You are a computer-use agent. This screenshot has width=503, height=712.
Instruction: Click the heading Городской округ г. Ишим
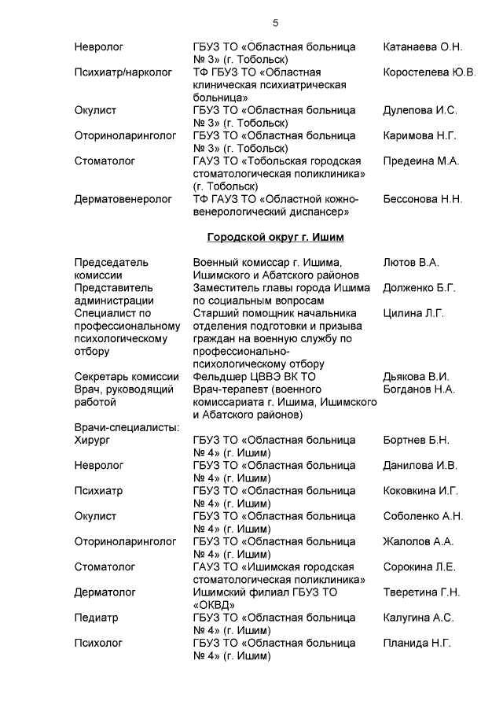pyautogui.click(x=275, y=237)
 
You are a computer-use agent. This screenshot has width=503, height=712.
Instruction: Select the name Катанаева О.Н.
pyautogui.click(x=422, y=47)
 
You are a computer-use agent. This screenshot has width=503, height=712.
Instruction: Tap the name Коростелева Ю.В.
pyautogui.click(x=429, y=72)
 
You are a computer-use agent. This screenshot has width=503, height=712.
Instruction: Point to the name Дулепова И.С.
pyautogui.click(x=420, y=110)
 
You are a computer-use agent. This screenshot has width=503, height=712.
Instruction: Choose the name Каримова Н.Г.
pyautogui.click(x=419, y=135)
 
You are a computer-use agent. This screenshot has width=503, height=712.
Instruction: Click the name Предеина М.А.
pyautogui.click(x=420, y=160)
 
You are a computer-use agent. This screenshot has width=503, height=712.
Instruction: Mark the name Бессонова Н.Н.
pyautogui.click(x=422, y=199)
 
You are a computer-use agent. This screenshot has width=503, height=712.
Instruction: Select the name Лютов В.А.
pyautogui.click(x=410, y=262)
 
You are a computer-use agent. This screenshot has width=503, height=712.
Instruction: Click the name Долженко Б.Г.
pyautogui.click(x=419, y=288)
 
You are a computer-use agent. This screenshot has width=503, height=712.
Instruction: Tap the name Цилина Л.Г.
pyautogui.click(x=413, y=313)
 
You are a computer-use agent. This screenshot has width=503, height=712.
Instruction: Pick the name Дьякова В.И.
pyautogui.click(x=416, y=377)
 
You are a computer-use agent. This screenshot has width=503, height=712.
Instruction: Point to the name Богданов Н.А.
pyautogui.click(x=419, y=389)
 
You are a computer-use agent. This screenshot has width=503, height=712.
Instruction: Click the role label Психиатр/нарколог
pyautogui.click(x=123, y=72)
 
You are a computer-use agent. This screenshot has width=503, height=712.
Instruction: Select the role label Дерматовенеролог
pyautogui.click(x=123, y=199)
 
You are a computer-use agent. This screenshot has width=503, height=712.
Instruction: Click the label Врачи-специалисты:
pyautogui.click(x=127, y=427)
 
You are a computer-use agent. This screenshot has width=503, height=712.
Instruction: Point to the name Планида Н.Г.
pyautogui.click(x=417, y=643)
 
